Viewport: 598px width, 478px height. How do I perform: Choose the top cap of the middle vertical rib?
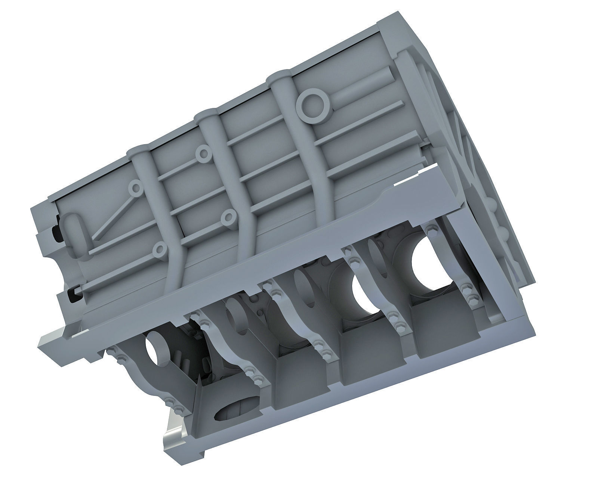[207, 114]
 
